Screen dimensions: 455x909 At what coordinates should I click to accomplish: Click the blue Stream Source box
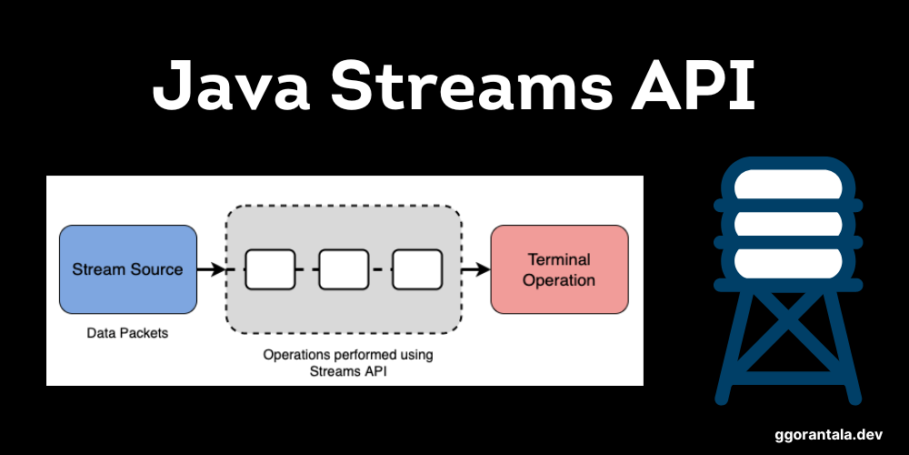(127, 269)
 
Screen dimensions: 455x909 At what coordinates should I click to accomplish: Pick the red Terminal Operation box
(559, 269)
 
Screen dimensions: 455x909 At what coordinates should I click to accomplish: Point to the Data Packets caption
(127, 333)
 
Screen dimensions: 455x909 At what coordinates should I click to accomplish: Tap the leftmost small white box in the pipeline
(271, 269)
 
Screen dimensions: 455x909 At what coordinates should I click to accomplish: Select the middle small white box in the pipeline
(344, 269)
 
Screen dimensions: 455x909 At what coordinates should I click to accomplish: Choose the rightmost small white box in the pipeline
(416, 269)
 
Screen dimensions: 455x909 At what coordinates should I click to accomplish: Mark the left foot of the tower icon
(723, 397)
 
